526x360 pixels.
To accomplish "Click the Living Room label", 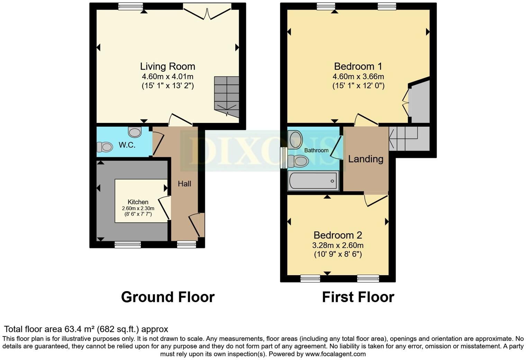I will [167, 66].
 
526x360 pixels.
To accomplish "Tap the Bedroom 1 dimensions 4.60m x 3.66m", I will [358, 76].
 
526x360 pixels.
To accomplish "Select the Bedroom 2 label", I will [338, 235].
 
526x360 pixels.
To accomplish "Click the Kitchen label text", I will [138, 202].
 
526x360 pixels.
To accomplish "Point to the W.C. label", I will [127, 145].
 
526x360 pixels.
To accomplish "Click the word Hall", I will [184, 184].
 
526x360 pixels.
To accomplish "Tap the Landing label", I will [365, 159].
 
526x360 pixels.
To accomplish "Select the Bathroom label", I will [316, 150].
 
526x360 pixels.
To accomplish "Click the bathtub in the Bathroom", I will [313, 181].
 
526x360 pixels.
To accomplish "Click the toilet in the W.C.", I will [105, 147].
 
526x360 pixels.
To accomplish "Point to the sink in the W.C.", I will [135, 132].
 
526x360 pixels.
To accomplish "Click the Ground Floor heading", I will [168, 297].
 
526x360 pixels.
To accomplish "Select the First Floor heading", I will [358, 297].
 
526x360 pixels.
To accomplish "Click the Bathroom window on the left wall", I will [283, 158].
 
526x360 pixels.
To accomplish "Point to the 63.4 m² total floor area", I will [80, 329].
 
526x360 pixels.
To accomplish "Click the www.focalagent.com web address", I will [335, 354].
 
